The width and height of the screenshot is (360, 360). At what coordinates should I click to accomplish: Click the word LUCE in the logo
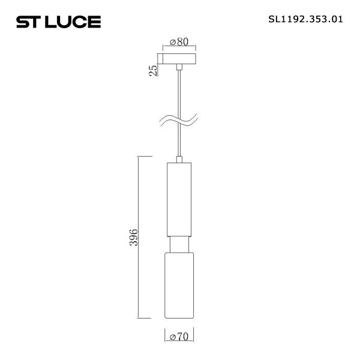coord(77,23)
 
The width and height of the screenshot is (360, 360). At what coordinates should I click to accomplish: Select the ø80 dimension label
coord(179,42)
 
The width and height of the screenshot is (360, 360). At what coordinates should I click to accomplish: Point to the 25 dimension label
coord(154,71)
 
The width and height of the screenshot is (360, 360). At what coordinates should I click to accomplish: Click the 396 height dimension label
coord(134,237)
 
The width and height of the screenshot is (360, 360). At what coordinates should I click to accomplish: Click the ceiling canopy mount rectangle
coord(179,60)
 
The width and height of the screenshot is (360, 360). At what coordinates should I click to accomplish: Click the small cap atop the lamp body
coord(179,160)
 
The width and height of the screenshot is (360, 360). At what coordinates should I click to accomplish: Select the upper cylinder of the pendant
coord(179,198)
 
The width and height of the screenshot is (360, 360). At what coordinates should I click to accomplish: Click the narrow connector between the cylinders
coord(179,245)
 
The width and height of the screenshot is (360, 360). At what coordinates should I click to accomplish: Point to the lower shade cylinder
coord(179,285)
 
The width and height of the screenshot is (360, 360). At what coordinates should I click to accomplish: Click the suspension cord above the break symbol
coord(179,90)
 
